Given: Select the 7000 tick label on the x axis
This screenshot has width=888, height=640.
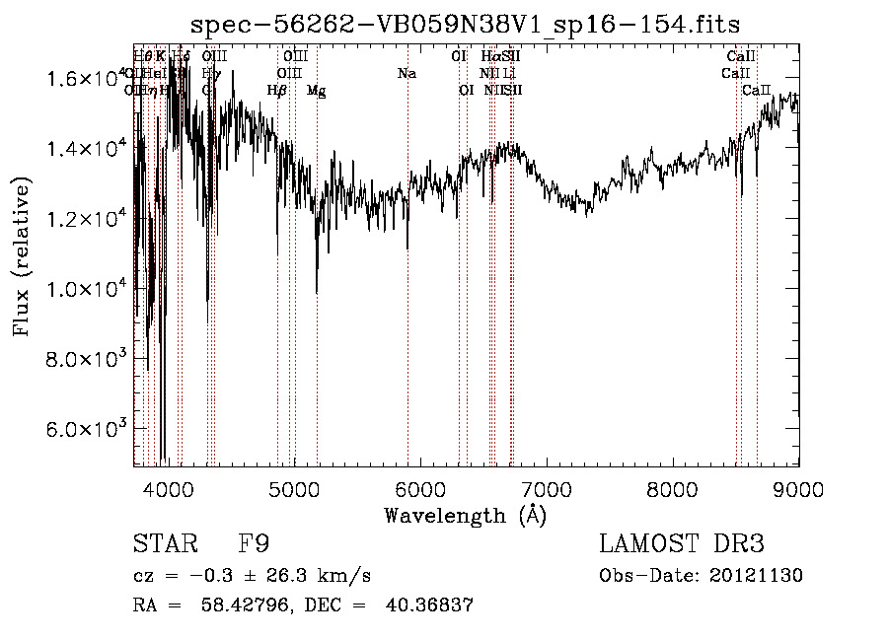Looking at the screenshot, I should (x=547, y=489).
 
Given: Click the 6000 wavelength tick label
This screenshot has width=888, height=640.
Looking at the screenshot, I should (x=421, y=489).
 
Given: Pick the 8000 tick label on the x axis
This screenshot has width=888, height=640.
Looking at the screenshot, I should (x=673, y=489).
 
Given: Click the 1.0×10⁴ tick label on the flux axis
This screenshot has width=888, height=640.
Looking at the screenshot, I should (x=87, y=288).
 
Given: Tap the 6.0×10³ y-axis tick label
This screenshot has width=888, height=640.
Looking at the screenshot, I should (x=87, y=429).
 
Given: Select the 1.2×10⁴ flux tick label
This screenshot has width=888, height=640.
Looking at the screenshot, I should (x=87, y=218).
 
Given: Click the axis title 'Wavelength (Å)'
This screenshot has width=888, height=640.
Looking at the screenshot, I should (x=465, y=515).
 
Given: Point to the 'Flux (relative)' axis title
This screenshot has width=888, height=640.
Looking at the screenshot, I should (x=22, y=256).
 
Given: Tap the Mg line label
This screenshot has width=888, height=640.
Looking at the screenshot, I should (x=316, y=91).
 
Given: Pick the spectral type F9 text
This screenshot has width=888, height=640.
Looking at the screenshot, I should (x=254, y=544).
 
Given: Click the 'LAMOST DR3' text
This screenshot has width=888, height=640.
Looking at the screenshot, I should (x=682, y=544).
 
